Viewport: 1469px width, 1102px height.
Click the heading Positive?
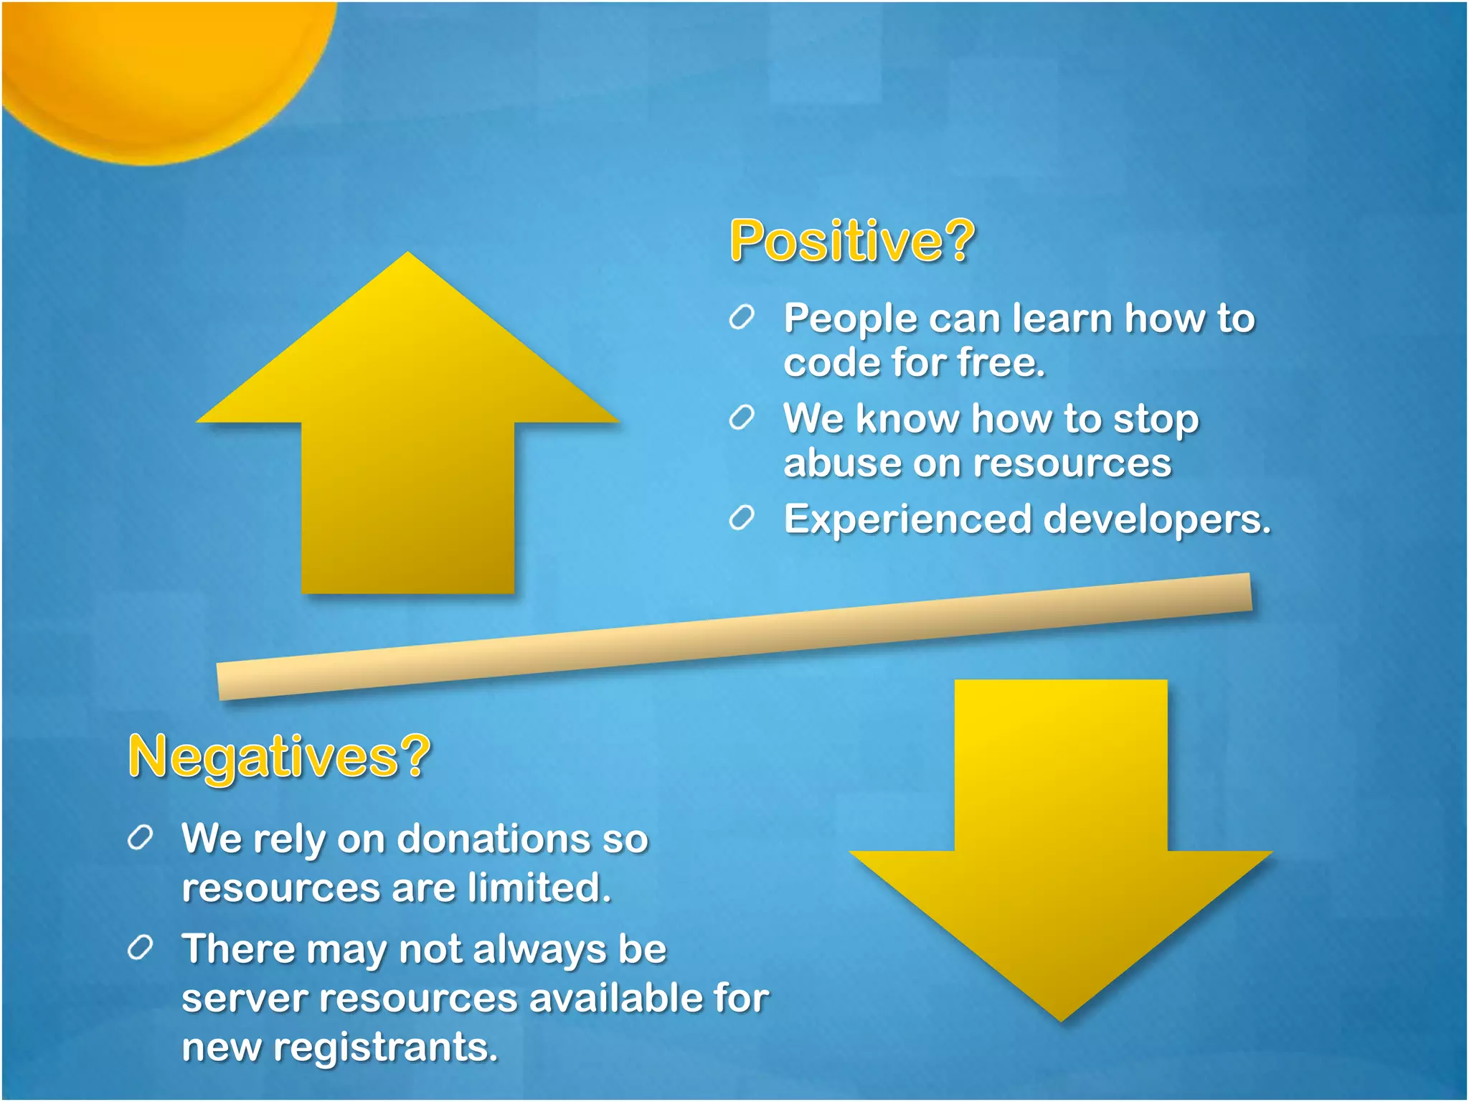pyautogui.click(x=851, y=241)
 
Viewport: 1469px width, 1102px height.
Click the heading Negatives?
pyautogui.click(x=278, y=756)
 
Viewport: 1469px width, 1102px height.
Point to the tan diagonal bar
pyautogui.click(x=734, y=636)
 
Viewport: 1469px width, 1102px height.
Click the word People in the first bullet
pyautogui.click(x=850, y=319)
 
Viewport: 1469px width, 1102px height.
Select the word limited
pyautogui.click(x=539, y=887)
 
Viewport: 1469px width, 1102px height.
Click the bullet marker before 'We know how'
pyautogui.click(x=742, y=418)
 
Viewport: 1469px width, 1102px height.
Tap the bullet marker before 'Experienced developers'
pyautogui.click(x=742, y=518)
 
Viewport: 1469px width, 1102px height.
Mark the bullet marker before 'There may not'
pyautogui.click(x=140, y=948)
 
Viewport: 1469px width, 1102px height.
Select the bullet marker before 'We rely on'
pyautogui.click(x=140, y=837)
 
